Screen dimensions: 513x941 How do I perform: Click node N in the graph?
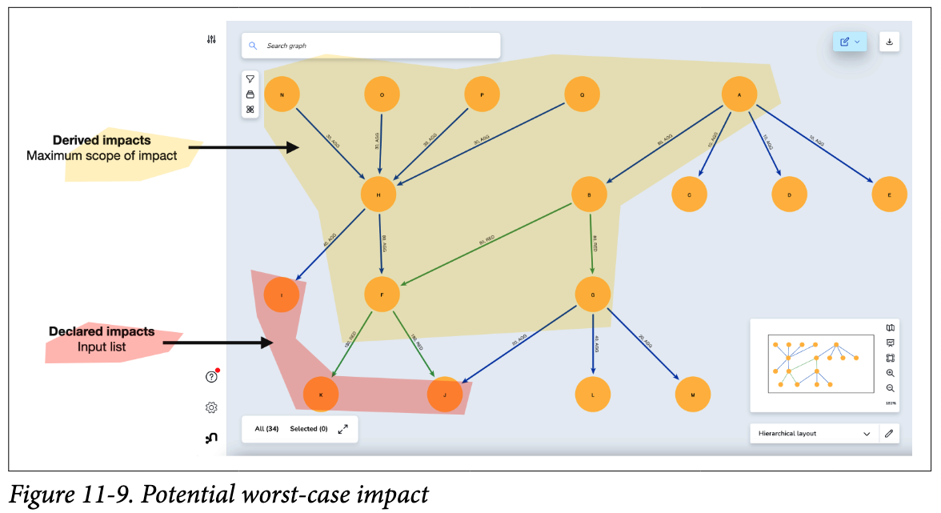coord(282,94)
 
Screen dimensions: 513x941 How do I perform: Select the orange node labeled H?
coord(378,194)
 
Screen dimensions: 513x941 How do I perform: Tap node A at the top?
coord(739,94)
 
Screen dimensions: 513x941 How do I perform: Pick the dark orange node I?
coord(282,295)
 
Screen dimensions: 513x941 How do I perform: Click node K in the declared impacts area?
coord(321,394)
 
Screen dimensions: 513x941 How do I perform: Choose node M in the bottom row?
coord(693,394)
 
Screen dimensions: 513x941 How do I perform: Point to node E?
coord(889,194)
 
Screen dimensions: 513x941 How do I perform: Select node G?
coord(593,295)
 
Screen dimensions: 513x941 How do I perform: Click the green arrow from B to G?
coord(592,243)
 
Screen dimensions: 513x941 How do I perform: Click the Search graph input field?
coord(371,46)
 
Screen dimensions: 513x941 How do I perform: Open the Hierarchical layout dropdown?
coord(813,433)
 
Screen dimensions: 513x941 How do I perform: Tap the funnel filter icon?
coord(250,79)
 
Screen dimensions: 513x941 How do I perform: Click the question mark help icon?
coord(211,378)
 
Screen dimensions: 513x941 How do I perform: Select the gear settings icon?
coord(211,407)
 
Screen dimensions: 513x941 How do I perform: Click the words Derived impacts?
coord(102,140)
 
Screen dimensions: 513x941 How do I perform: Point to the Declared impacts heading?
coord(102,331)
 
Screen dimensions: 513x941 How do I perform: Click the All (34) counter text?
coord(266,429)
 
